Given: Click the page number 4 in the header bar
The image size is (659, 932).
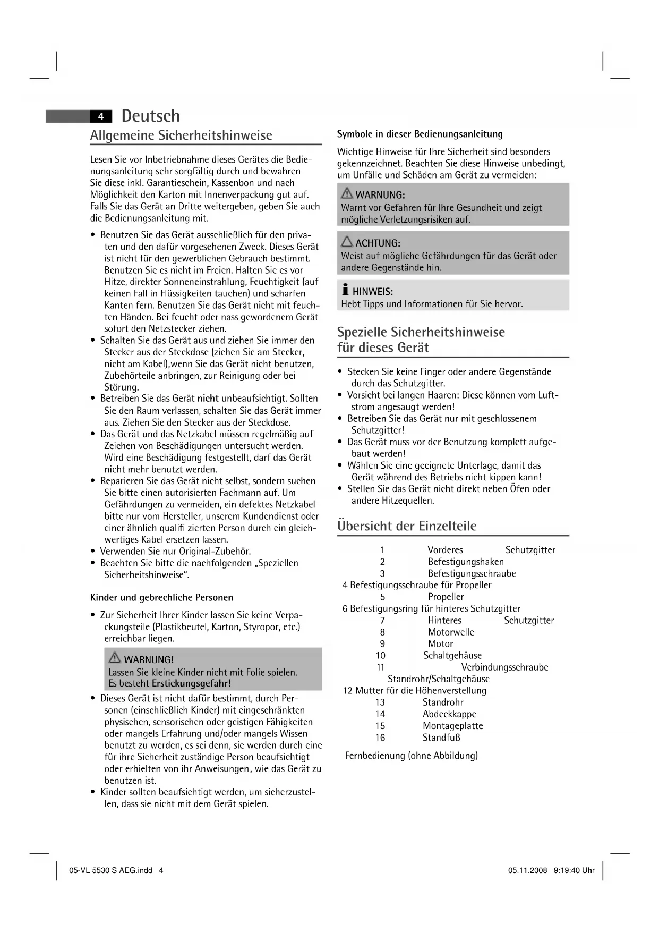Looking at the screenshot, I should point(101,116).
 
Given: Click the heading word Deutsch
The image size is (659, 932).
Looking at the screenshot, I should point(150,116).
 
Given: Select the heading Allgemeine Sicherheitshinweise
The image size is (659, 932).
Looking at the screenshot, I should point(181,135).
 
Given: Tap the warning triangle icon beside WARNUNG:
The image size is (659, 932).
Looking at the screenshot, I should point(347,193).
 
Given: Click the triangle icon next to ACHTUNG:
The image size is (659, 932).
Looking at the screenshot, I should point(347,242).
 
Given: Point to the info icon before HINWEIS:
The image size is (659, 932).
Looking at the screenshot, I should point(345,290).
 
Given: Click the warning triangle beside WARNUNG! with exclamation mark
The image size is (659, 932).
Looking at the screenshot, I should point(115,658).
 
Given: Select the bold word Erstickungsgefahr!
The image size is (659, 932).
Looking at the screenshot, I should point(191,684).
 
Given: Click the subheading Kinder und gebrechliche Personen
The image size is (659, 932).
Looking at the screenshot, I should point(161,597).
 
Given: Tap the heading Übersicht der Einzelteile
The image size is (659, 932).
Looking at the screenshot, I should point(407,526).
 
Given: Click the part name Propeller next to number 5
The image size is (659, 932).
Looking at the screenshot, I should point(446,597).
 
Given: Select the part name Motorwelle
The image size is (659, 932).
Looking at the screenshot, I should point(451,632).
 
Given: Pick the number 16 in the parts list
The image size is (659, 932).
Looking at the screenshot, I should point(380,738).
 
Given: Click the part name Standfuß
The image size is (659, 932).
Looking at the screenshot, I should point(441,738).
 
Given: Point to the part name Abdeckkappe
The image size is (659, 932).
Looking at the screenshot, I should point(449,714).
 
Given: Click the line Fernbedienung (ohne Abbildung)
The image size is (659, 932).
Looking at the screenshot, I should point(411,756).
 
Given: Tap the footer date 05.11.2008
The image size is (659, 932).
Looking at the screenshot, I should point(527,870).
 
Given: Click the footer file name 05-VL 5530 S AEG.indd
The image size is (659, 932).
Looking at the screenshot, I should point(110,870).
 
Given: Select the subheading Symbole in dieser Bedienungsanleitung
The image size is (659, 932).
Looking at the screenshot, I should point(420,134).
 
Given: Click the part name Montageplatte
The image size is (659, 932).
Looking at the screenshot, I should point(452,726).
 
